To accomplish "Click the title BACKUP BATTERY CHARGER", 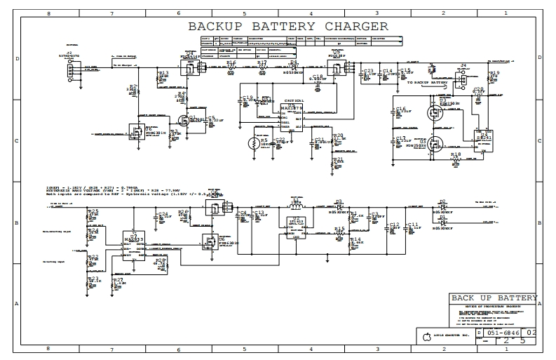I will [287, 27].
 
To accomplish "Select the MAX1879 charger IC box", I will [290, 115].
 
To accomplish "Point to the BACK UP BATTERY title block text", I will [494, 298].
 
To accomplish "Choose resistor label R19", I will [495, 72].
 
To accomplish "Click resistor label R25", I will [93, 211].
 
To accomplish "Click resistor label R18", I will [456, 154].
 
